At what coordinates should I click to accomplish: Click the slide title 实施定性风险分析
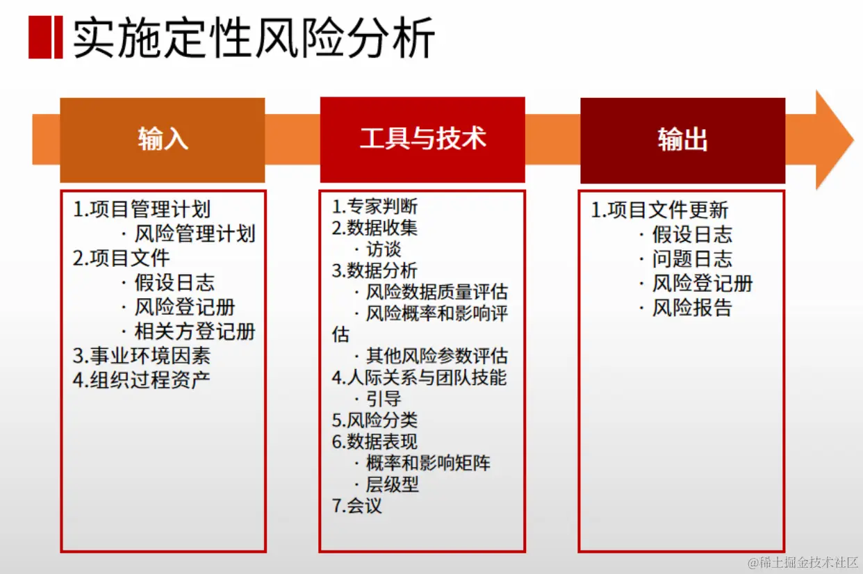(x=254, y=38)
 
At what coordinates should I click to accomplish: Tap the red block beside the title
(x=45, y=38)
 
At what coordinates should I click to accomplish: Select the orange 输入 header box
(x=163, y=140)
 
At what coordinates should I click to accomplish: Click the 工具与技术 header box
(x=422, y=140)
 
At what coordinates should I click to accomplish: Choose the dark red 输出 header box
(x=683, y=140)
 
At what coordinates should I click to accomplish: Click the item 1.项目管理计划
(x=142, y=209)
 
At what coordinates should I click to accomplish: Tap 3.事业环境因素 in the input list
(x=142, y=356)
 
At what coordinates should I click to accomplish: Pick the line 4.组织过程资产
(x=142, y=380)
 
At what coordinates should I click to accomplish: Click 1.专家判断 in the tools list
(x=375, y=206)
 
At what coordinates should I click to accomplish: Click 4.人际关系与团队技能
(x=419, y=377)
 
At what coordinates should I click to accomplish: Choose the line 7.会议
(x=356, y=505)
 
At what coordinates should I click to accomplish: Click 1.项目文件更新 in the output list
(x=659, y=210)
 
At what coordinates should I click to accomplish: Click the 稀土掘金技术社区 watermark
(x=803, y=562)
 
